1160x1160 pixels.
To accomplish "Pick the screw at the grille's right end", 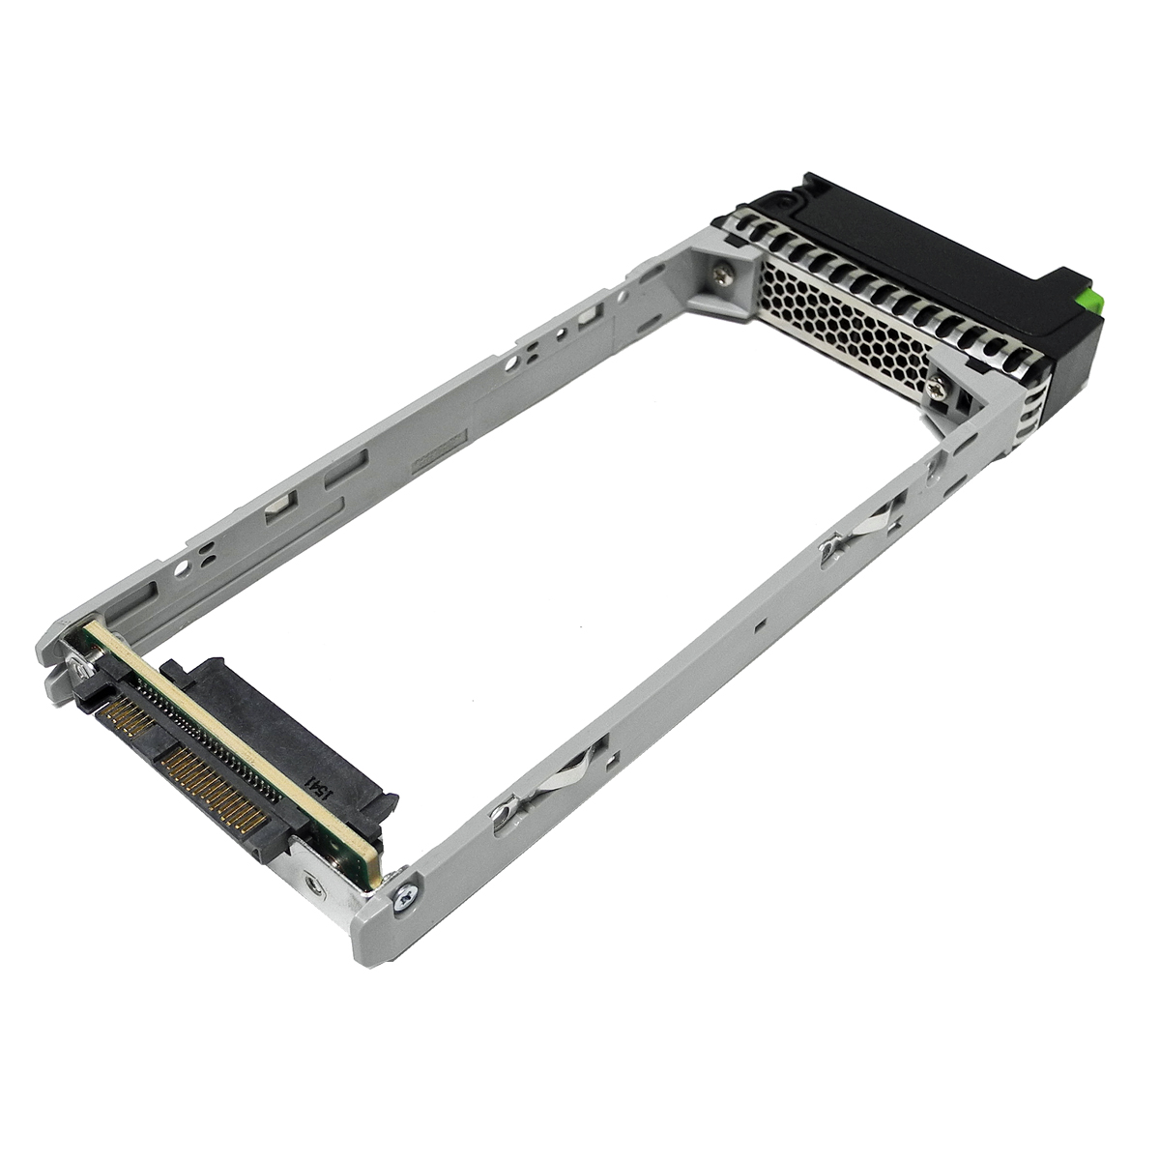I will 937,390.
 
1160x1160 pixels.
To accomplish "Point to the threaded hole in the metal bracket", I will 312,882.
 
